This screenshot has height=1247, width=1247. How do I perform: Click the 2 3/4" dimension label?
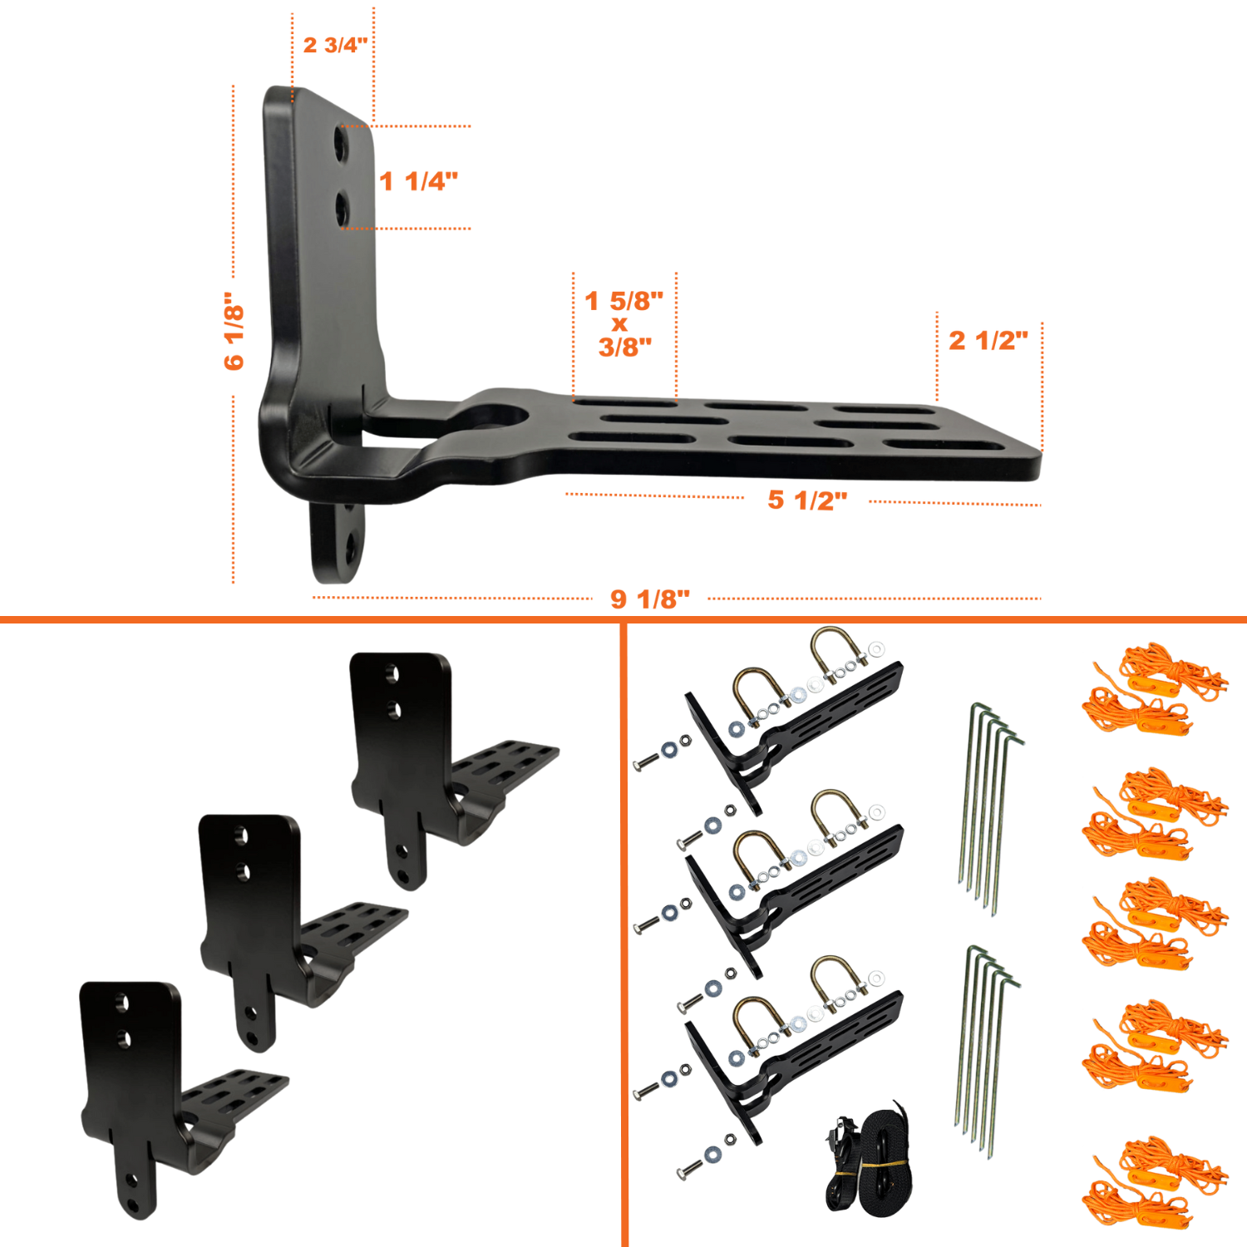coord(335,45)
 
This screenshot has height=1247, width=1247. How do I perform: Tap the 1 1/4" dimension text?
coord(418,181)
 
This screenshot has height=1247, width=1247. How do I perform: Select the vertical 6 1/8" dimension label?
coord(234,330)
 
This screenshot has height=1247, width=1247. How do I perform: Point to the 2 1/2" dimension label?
coord(988,340)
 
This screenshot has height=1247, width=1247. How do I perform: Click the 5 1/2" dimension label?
coord(807,500)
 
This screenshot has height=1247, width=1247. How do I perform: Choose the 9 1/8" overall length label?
coord(650,599)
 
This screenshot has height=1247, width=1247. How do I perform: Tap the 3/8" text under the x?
coord(625,347)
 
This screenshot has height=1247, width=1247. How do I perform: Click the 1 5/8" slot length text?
coord(624,300)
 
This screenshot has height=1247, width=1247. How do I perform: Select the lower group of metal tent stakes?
coord(988,1052)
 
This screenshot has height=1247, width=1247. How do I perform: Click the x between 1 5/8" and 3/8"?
coord(619,324)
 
